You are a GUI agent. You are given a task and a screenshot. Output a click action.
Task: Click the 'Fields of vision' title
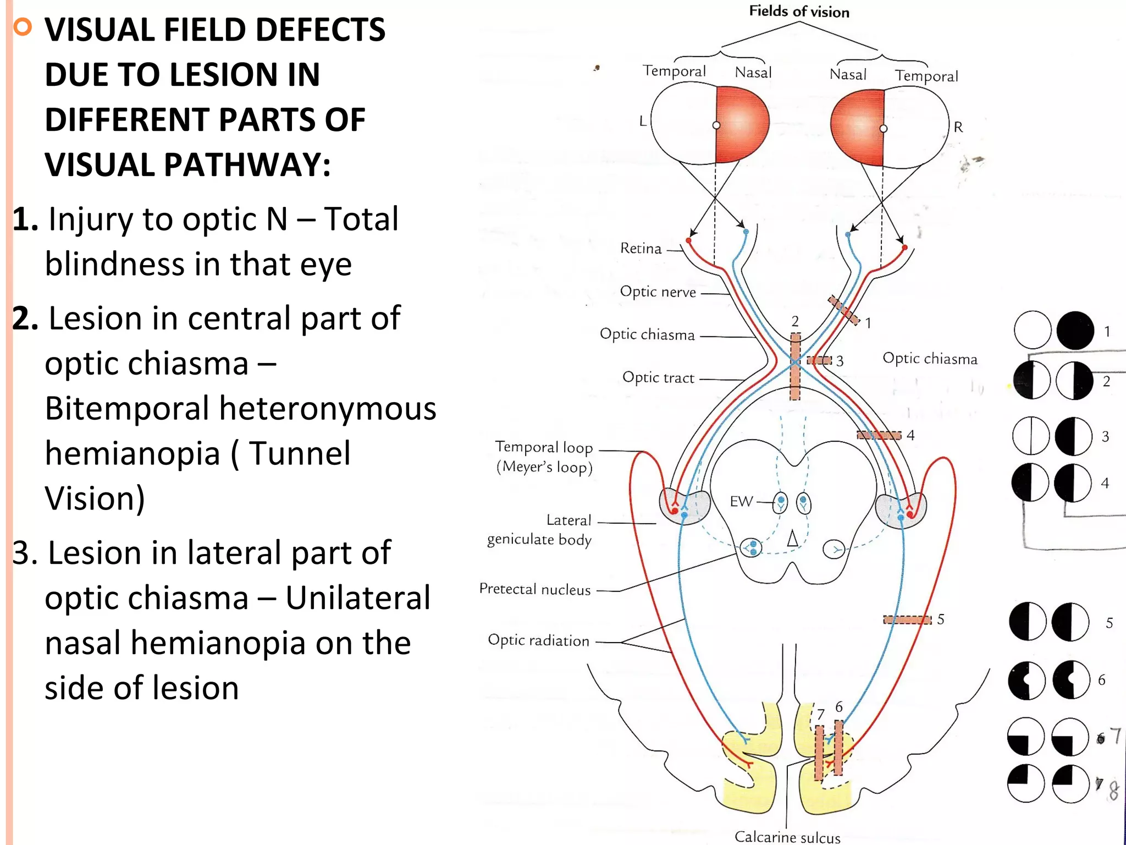(x=799, y=12)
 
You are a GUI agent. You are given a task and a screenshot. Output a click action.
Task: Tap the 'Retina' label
(x=641, y=249)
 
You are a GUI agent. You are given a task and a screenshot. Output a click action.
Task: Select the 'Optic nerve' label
(x=658, y=292)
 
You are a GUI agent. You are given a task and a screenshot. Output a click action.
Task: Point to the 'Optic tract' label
(x=658, y=378)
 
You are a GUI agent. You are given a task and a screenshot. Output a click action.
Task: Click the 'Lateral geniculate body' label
(x=539, y=530)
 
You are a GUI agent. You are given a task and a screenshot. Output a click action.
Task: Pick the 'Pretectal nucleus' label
(x=535, y=589)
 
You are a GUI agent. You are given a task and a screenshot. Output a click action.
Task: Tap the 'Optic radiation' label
(x=538, y=640)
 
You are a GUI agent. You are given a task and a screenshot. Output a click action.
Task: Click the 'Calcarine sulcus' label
(x=787, y=837)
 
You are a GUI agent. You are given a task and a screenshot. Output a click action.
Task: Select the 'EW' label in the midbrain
(x=741, y=501)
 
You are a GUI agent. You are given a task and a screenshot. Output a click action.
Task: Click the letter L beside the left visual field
(x=643, y=121)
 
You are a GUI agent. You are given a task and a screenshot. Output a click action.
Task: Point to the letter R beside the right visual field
(x=958, y=127)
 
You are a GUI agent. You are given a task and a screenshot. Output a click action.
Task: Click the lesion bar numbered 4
(x=879, y=435)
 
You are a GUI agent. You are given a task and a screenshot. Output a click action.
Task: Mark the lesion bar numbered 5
(x=907, y=620)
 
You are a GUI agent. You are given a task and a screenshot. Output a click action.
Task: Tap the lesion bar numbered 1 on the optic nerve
(x=843, y=310)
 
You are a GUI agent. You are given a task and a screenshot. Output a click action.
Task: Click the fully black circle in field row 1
(x=1075, y=331)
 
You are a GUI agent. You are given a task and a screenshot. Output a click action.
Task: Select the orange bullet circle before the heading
(x=23, y=26)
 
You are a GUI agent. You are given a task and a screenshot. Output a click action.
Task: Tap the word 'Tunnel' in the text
(x=299, y=454)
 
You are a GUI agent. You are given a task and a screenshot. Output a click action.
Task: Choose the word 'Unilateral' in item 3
(x=358, y=598)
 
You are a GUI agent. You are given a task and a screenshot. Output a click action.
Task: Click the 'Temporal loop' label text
(x=544, y=447)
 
